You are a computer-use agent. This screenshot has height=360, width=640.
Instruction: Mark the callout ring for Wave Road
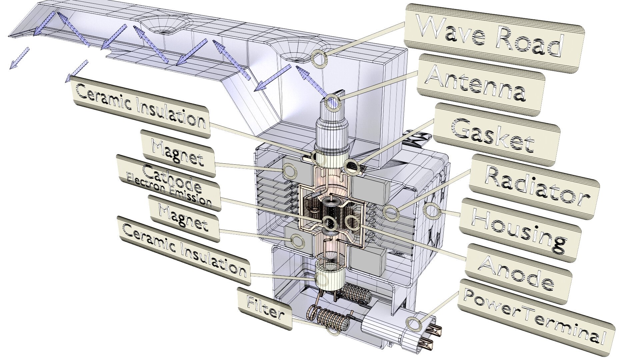click(x=319, y=58)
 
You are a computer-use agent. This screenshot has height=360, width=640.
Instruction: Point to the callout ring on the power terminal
click(x=413, y=324)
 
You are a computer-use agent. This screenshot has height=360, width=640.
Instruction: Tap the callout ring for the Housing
click(x=431, y=211)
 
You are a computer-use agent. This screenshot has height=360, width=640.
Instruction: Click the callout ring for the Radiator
click(x=391, y=212)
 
